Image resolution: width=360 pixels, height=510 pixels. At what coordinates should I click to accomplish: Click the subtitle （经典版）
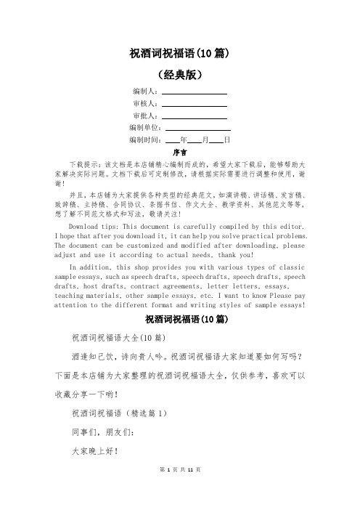179,74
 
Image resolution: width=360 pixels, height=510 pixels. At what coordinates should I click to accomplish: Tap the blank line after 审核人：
194,105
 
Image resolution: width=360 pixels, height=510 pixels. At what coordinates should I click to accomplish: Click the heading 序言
180,153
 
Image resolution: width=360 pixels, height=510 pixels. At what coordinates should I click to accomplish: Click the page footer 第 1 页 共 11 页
179,490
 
